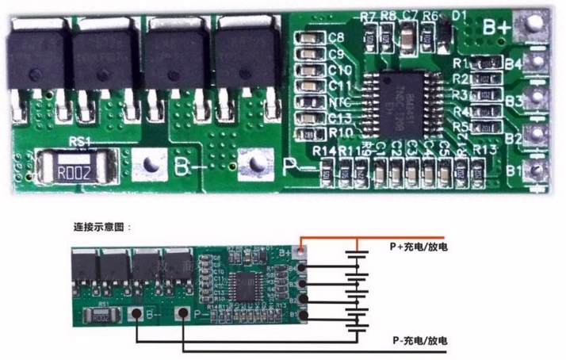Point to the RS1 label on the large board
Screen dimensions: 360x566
[x=79, y=143]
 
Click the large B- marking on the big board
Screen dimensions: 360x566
[x=186, y=167]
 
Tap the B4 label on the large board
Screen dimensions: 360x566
[x=514, y=62]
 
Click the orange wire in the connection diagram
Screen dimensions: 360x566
[x=373, y=238]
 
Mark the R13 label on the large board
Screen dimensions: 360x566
[x=484, y=150]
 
